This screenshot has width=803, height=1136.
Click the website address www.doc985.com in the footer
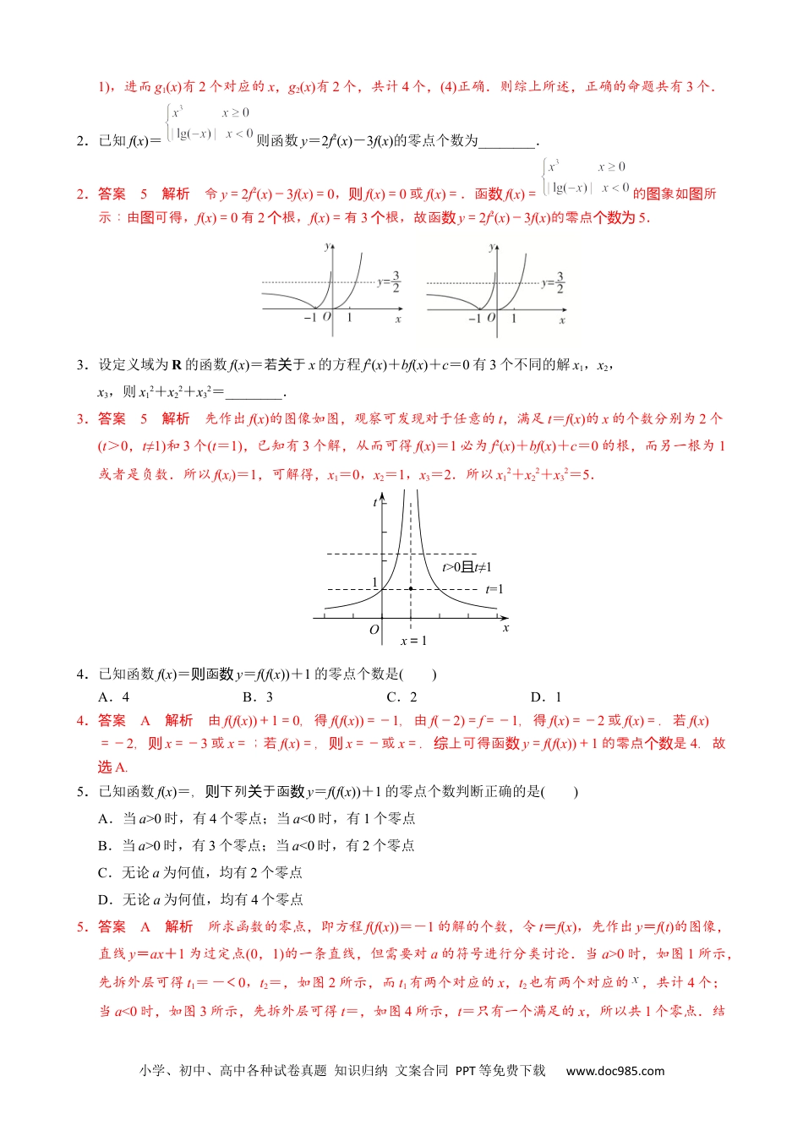pos(615,1071)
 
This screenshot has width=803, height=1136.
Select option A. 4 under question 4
pos(114,697)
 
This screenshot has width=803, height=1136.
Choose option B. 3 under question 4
pos(258,697)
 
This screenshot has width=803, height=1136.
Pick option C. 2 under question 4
pos(401,697)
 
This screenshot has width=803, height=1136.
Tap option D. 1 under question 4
pos(546,697)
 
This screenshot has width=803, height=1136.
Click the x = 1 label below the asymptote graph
pos(413,641)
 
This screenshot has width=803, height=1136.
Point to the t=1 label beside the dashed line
pos(494,589)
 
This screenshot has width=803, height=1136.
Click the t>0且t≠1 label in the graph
pos(467,567)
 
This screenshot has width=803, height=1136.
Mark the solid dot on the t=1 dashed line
pos(411,588)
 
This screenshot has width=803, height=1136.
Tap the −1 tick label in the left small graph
pos(309,318)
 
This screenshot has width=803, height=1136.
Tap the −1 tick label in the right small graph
pos(474,319)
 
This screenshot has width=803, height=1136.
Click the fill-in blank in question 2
pos(507,142)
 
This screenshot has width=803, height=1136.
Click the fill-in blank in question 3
pos(254,393)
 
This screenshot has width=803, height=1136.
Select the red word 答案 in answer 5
pos(112,926)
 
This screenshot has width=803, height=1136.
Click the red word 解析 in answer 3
pos(176,418)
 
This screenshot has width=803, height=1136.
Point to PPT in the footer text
pos(466,1071)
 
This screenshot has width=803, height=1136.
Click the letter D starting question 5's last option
pos(104,899)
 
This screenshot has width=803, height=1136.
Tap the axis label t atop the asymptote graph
pos(375,503)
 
